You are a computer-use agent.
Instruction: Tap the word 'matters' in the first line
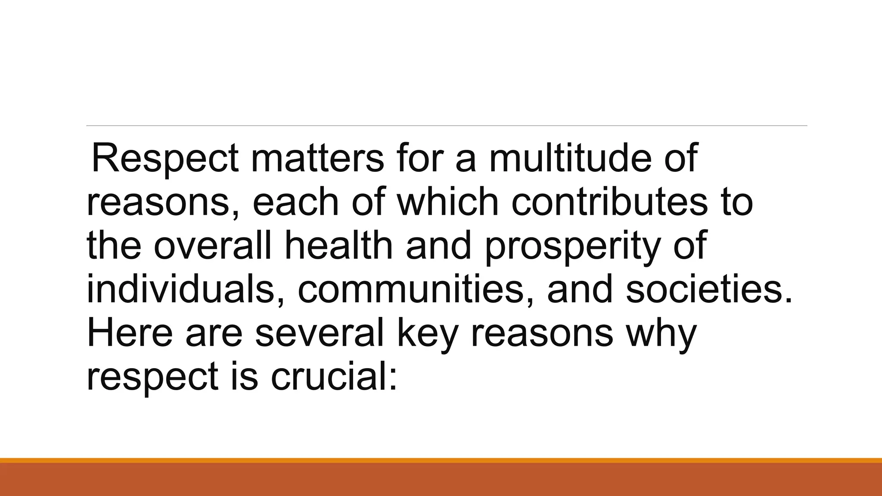317,158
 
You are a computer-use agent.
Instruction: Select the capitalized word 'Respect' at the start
165,158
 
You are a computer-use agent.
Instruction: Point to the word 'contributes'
609,202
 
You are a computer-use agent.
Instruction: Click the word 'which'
447,202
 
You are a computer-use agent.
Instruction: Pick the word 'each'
295,202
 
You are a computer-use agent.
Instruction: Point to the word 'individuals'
180,289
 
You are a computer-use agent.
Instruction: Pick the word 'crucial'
327,376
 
